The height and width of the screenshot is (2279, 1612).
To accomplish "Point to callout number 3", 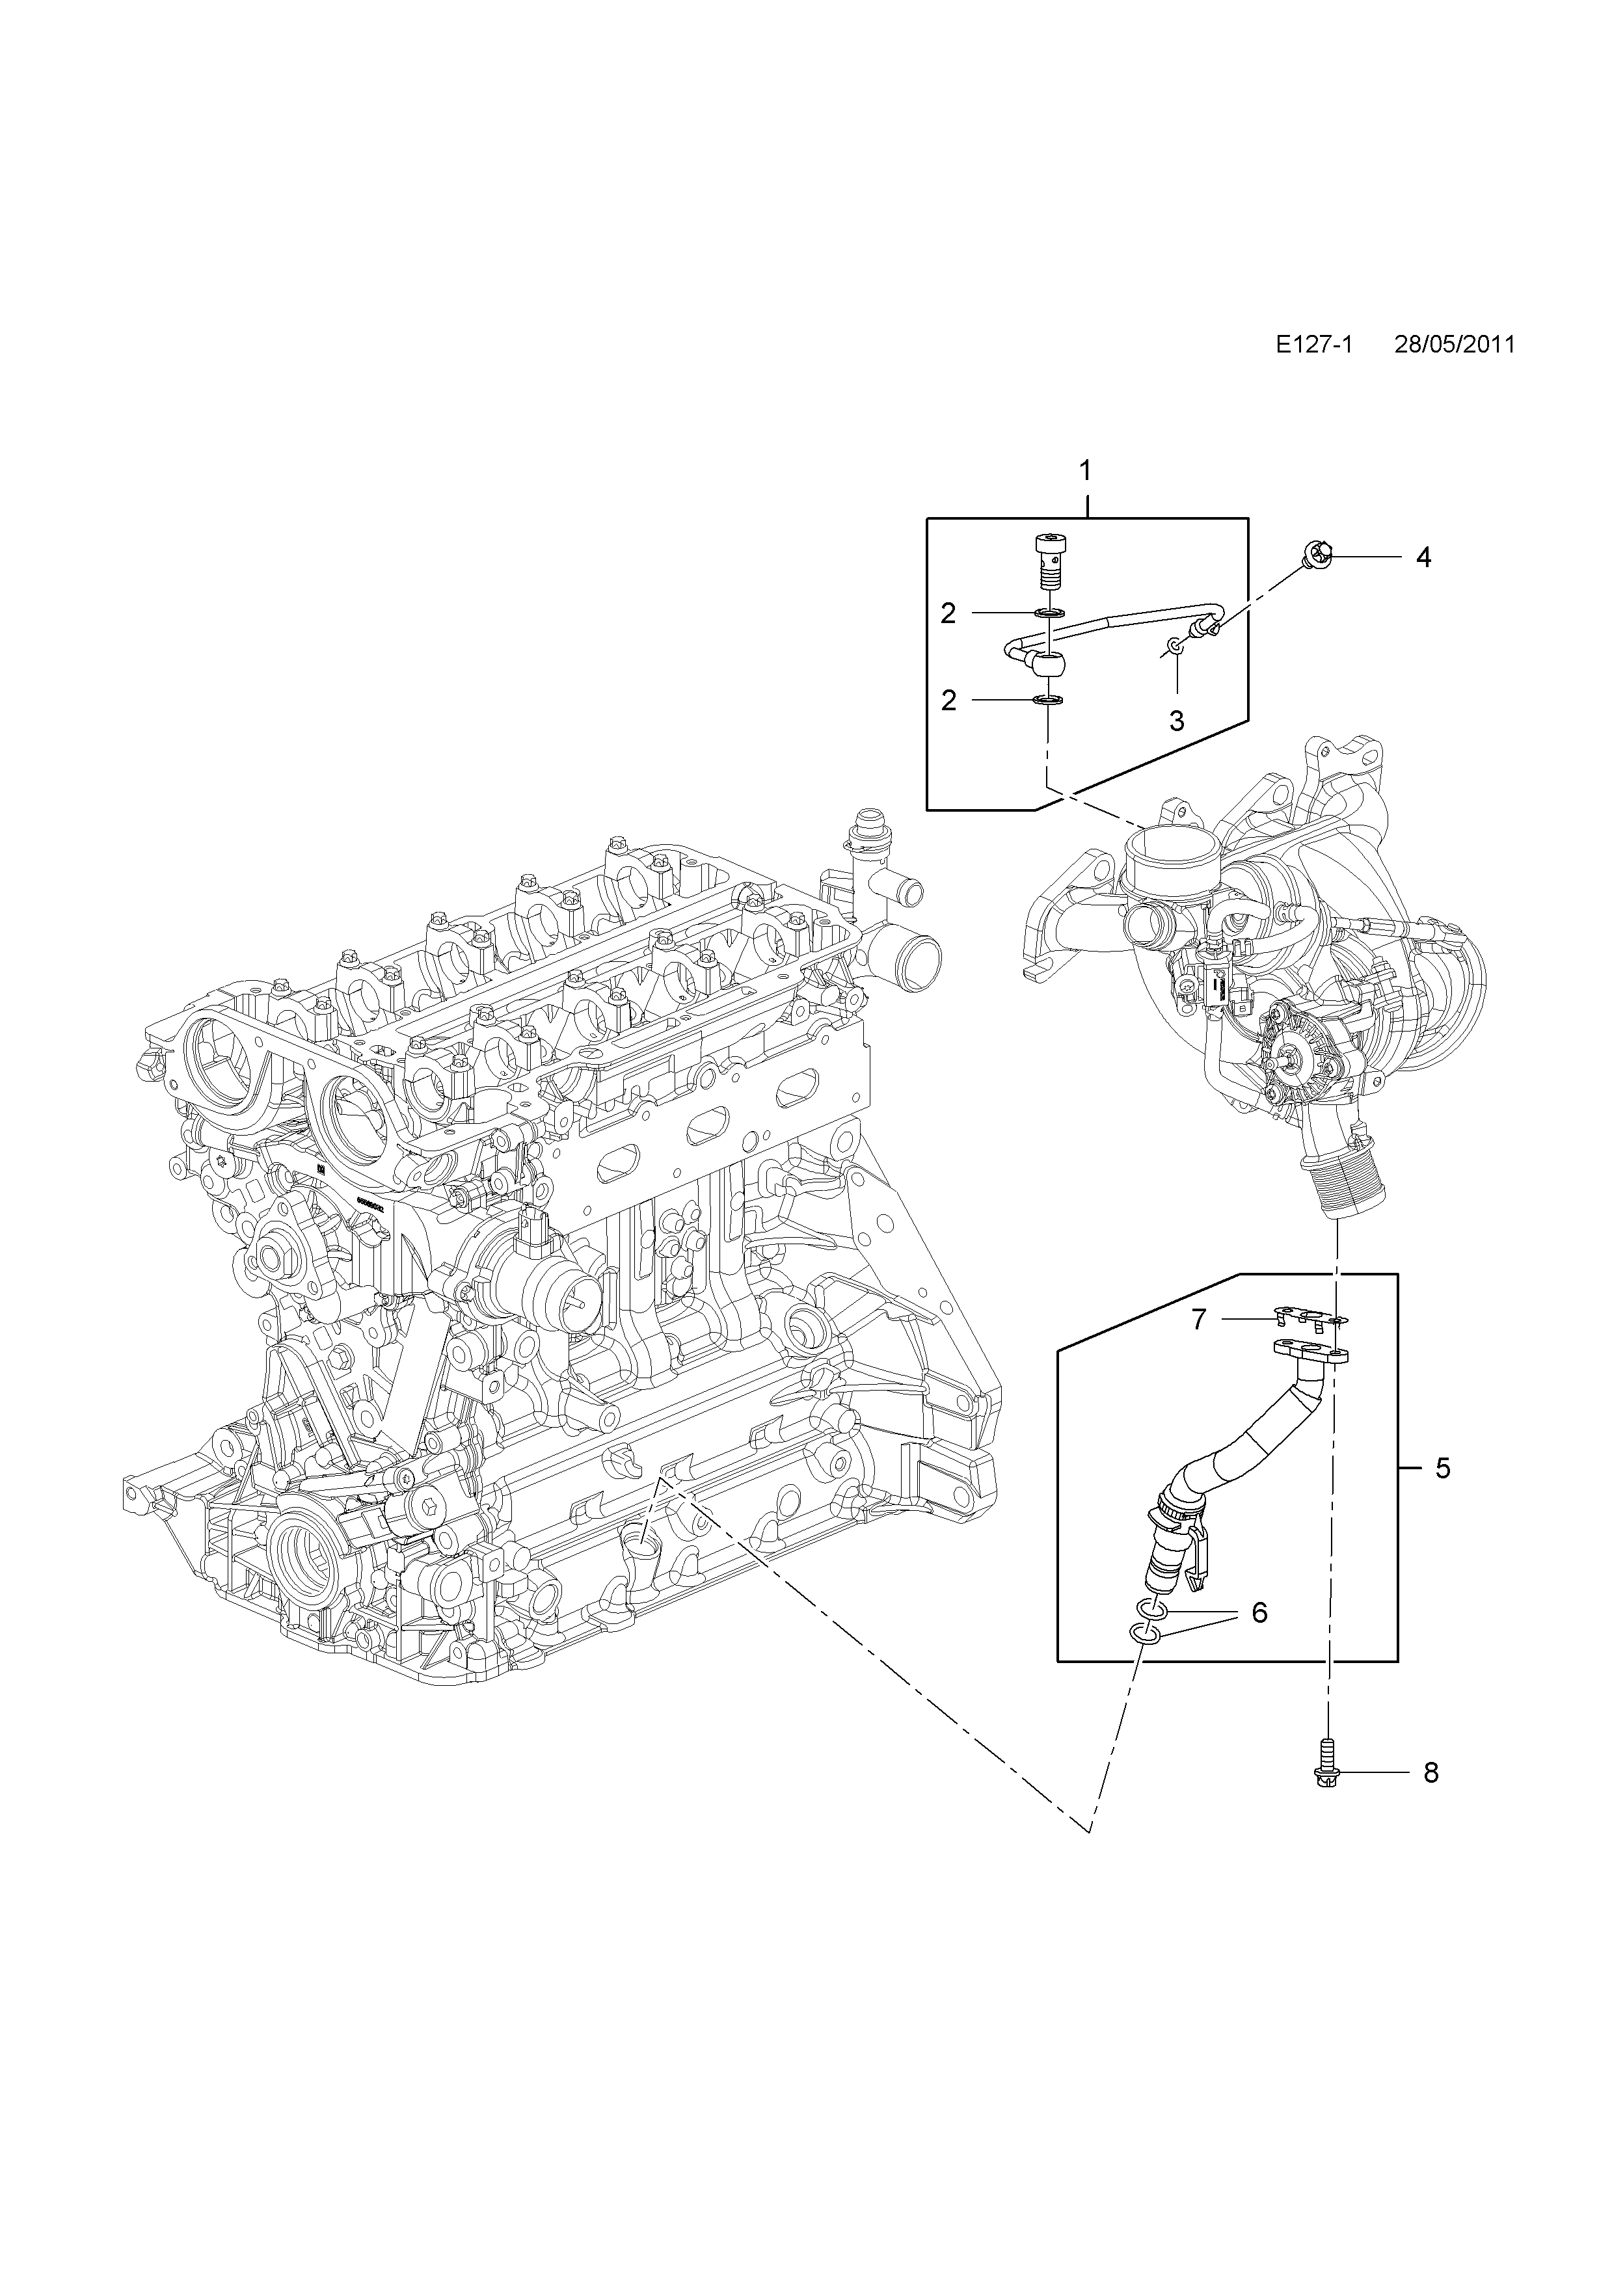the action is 1177,721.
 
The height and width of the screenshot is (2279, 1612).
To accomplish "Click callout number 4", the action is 1423,558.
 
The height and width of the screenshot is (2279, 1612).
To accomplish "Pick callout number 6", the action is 1259,1613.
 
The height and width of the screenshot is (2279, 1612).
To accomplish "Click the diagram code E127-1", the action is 1315,345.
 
